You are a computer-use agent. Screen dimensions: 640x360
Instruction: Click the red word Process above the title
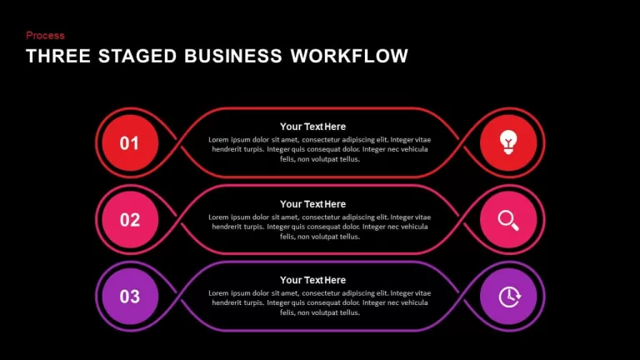pos(45,36)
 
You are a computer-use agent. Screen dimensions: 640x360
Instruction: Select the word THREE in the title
pos(58,56)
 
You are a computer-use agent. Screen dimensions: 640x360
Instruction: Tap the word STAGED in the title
pos(137,56)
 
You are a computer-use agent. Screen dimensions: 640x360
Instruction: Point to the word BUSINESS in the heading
pos(233,56)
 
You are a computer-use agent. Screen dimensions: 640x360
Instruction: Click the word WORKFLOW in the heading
pos(349,56)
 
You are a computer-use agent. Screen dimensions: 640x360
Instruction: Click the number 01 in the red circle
pos(129,143)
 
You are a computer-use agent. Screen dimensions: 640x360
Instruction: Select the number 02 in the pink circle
pos(130,220)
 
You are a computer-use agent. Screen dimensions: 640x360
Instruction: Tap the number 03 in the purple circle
pos(130,297)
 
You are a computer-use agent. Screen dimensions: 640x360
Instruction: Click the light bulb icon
pos(508,142)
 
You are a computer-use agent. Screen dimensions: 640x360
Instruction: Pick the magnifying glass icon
pos(508,220)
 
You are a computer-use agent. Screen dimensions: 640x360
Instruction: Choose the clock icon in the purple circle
pos(509,297)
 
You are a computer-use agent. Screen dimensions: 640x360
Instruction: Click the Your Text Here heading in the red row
pos(312,127)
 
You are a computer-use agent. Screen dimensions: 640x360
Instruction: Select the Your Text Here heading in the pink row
pos(312,204)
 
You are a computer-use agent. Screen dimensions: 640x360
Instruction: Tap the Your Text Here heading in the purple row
pos(312,280)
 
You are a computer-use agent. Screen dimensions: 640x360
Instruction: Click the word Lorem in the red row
pos(218,140)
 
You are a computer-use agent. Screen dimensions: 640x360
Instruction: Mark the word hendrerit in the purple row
pos(227,302)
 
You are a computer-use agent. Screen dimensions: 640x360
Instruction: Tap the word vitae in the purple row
pos(422,293)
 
